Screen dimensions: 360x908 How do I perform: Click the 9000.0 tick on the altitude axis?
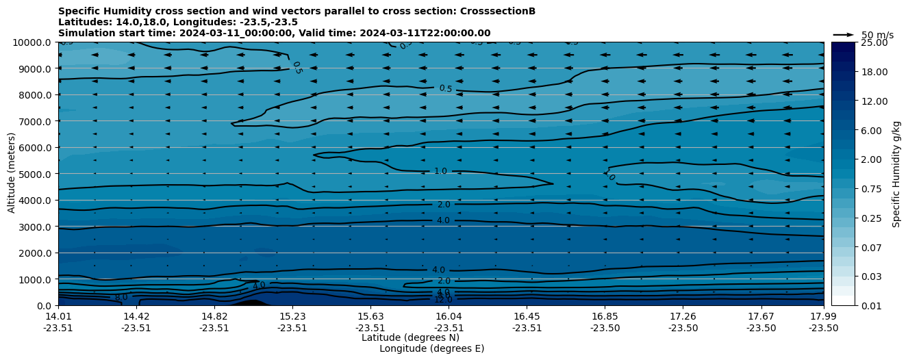pos(34,68)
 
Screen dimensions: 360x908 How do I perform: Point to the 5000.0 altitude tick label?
pos(34,174)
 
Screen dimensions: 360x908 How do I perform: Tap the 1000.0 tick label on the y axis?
pos(34,279)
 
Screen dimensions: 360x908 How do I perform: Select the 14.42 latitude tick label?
pos(136,316)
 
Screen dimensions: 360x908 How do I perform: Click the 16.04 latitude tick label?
pos(449,316)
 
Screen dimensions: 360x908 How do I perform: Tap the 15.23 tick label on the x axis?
pos(292,316)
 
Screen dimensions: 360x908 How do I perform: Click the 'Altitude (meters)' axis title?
pos(12,174)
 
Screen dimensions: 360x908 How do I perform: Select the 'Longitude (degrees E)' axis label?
pos(431,348)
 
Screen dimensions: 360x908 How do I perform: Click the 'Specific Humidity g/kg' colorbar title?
pos(896,174)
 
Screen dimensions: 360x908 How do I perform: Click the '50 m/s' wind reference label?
pos(877,35)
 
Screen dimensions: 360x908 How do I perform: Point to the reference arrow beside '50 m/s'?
pos(844,34)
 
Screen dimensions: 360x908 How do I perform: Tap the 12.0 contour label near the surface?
pos(443,300)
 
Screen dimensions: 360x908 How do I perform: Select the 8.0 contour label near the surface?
pos(121,298)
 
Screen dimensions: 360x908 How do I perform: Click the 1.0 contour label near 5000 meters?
pos(440,171)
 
